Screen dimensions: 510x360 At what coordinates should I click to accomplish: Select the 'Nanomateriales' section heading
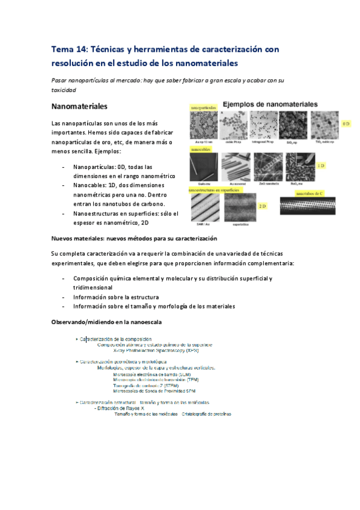pyautogui.click(x=79, y=106)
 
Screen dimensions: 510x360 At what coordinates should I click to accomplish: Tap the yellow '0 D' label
pyautogui.click(x=346, y=123)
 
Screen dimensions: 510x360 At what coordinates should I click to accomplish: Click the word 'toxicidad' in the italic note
pyautogui.click(x=64, y=90)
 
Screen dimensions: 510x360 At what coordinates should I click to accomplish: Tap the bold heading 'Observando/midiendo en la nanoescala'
pyautogui.click(x=106, y=322)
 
